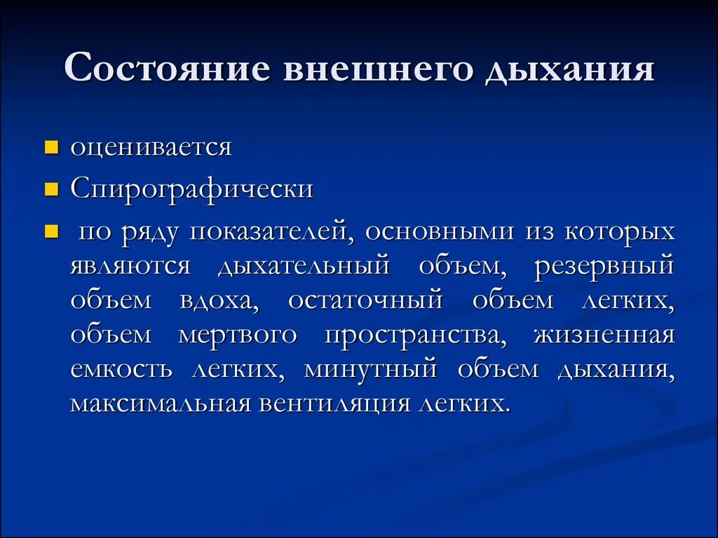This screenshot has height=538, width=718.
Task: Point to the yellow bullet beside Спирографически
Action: pyautogui.click(x=50, y=190)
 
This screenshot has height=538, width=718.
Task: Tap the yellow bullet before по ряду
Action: pyautogui.click(x=50, y=232)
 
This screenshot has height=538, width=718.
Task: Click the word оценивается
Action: pyautogui.click(x=151, y=148)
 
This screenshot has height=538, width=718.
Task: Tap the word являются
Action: pyautogui.click(x=130, y=266)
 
